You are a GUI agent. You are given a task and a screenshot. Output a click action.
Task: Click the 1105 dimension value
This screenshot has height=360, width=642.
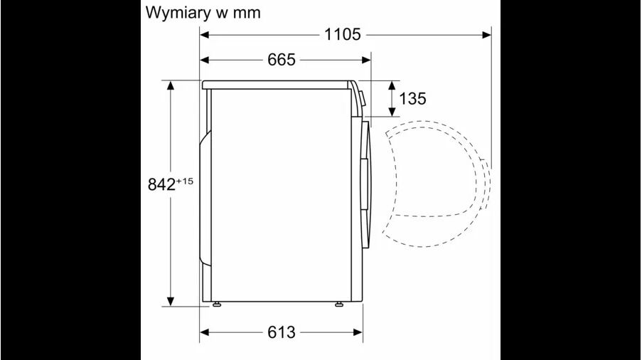tap(344, 34)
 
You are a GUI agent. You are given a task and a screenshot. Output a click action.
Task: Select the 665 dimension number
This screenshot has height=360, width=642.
tap(282, 60)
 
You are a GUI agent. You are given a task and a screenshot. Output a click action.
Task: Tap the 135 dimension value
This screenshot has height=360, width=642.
tap(412, 99)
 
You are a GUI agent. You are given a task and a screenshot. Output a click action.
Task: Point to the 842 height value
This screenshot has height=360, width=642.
tap(161, 184)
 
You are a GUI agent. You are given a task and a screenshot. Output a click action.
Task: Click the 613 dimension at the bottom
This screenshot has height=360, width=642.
tap(282, 332)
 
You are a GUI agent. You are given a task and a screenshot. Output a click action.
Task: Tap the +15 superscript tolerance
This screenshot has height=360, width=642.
tap(184, 181)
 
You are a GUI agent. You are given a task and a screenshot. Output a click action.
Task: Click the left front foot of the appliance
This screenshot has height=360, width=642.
tap(216, 305)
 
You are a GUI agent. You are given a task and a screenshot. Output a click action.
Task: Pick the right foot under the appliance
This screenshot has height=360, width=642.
tap(338, 305)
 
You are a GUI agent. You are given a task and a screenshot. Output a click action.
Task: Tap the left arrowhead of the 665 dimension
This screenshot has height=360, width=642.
tap(205, 60)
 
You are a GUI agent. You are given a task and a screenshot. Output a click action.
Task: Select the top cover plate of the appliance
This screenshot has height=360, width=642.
tap(277, 85)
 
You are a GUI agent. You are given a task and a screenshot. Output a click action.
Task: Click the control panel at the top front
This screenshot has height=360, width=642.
tap(359, 100)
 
